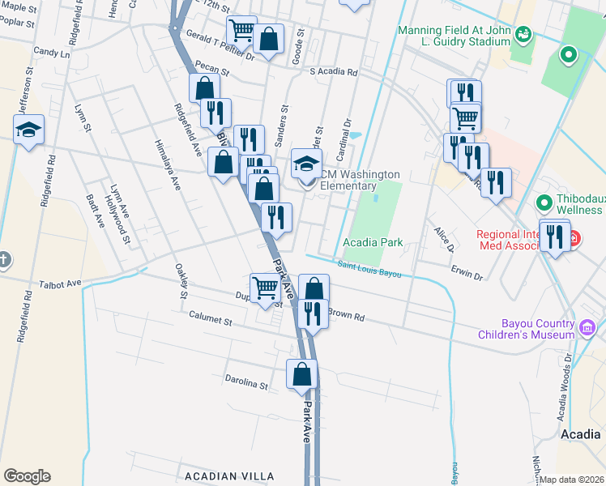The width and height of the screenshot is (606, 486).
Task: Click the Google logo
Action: click(27, 476)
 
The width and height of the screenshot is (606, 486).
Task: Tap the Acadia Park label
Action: click(372, 242)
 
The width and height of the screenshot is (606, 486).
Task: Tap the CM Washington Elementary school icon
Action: click(306, 164)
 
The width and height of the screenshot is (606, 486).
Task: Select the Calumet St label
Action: click(211, 320)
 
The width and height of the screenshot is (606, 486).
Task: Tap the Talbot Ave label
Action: click(61, 284)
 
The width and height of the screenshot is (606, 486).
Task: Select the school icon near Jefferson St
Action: click(28, 130)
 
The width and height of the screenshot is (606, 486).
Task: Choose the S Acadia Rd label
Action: click(334, 71)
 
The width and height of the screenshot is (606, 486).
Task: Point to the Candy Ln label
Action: click(53, 51)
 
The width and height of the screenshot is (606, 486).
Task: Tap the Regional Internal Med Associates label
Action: click(519, 241)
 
